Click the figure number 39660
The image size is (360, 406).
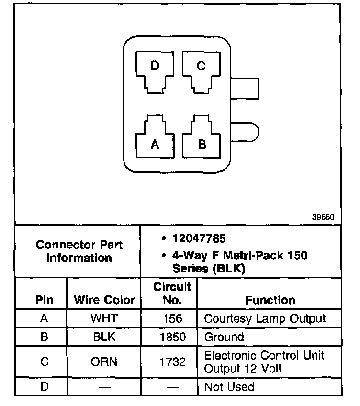pos(323,217)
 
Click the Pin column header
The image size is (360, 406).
pos(44,300)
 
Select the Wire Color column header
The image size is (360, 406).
pos(104,300)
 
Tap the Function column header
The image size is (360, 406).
pos(270,300)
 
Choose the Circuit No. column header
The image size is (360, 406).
pos(172,293)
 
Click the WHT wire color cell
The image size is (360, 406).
pos(104,318)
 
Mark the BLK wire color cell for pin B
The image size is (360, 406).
pos(104,337)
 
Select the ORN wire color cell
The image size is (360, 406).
pos(104,362)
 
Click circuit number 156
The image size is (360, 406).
pos(172,318)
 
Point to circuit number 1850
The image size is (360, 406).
pos(172,337)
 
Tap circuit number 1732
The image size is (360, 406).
pos(172,362)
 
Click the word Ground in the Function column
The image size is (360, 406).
pos(224,337)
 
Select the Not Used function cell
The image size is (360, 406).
pos(229,386)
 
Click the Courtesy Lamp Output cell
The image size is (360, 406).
pos(265,318)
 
